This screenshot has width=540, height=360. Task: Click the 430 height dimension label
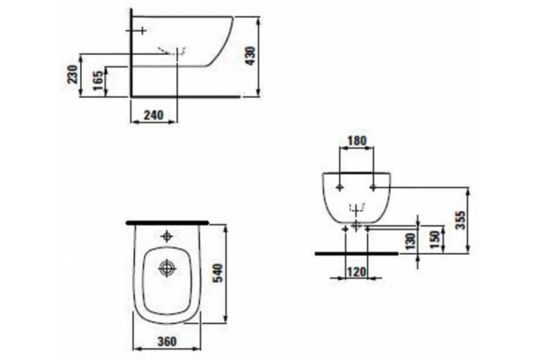click(251, 56)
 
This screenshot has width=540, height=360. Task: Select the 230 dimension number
click(73, 74)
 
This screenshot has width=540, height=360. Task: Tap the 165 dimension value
click(98, 80)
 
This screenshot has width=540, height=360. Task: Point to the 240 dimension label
click(154, 115)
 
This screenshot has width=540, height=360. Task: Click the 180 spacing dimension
click(357, 140)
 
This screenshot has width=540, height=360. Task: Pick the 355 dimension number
click(460, 220)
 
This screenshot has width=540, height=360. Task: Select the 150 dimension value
click(435, 240)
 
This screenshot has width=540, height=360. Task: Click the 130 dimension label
click(410, 241)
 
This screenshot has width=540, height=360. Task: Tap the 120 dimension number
click(356, 272)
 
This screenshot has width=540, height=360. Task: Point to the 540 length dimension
click(218, 273)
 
